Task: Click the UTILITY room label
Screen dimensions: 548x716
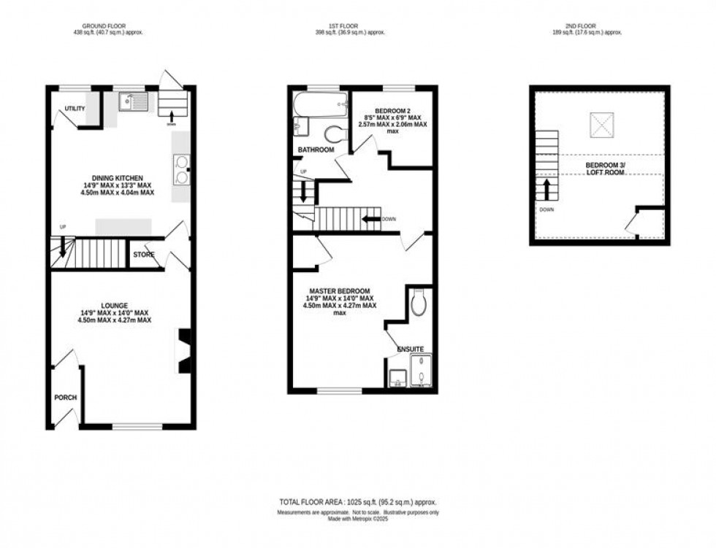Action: pyautogui.click(x=75, y=109)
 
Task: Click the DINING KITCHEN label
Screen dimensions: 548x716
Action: pyautogui.click(x=117, y=177)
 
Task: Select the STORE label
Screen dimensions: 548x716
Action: pyautogui.click(x=143, y=255)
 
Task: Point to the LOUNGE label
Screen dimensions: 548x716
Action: pyautogui.click(x=115, y=306)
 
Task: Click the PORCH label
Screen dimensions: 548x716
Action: pyautogui.click(x=65, y=398)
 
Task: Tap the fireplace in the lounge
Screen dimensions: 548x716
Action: pyautogui.click(x=184, y=352)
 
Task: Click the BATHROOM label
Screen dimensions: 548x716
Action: pyautogui.click(x=316, y=150)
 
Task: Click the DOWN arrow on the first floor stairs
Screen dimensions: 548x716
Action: pyautogui.click(x=373, y=218)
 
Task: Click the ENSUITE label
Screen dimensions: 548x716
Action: pyautogui.click(x=410, y=350)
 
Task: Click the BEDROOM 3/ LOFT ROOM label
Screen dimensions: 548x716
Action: pyautogui.click(x=605, y=169)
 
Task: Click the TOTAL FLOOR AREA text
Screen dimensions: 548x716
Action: pyautogui.click(x=357, y=503)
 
